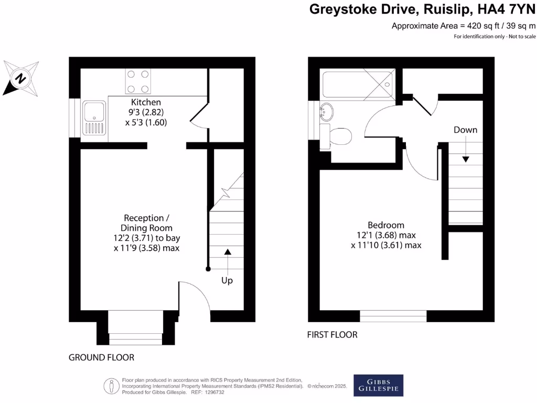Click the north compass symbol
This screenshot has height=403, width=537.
21,78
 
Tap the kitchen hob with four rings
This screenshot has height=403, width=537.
138,81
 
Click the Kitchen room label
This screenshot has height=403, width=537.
146,102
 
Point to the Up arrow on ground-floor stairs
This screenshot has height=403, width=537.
227,252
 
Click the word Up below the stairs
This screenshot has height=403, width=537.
227,281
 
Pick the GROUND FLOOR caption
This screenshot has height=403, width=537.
101,357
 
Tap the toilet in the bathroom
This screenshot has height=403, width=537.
338,136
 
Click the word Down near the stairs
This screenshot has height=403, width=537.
465,130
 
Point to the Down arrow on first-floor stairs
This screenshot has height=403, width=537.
465,159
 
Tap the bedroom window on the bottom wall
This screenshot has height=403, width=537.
393,316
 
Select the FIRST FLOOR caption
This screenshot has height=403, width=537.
332,334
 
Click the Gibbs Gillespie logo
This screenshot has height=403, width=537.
378,385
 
